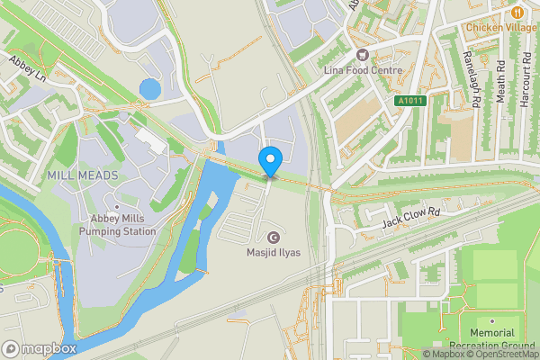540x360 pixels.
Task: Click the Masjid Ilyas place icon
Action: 249,238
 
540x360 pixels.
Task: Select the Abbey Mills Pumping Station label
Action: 117,225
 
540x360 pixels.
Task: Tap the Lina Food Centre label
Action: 364,69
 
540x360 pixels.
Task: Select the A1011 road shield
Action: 410,102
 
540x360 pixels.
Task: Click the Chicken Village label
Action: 500,28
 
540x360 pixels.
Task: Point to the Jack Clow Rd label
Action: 409,220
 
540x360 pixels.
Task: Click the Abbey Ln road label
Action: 27,67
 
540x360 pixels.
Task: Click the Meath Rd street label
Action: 499,81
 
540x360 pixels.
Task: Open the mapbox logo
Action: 39,348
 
